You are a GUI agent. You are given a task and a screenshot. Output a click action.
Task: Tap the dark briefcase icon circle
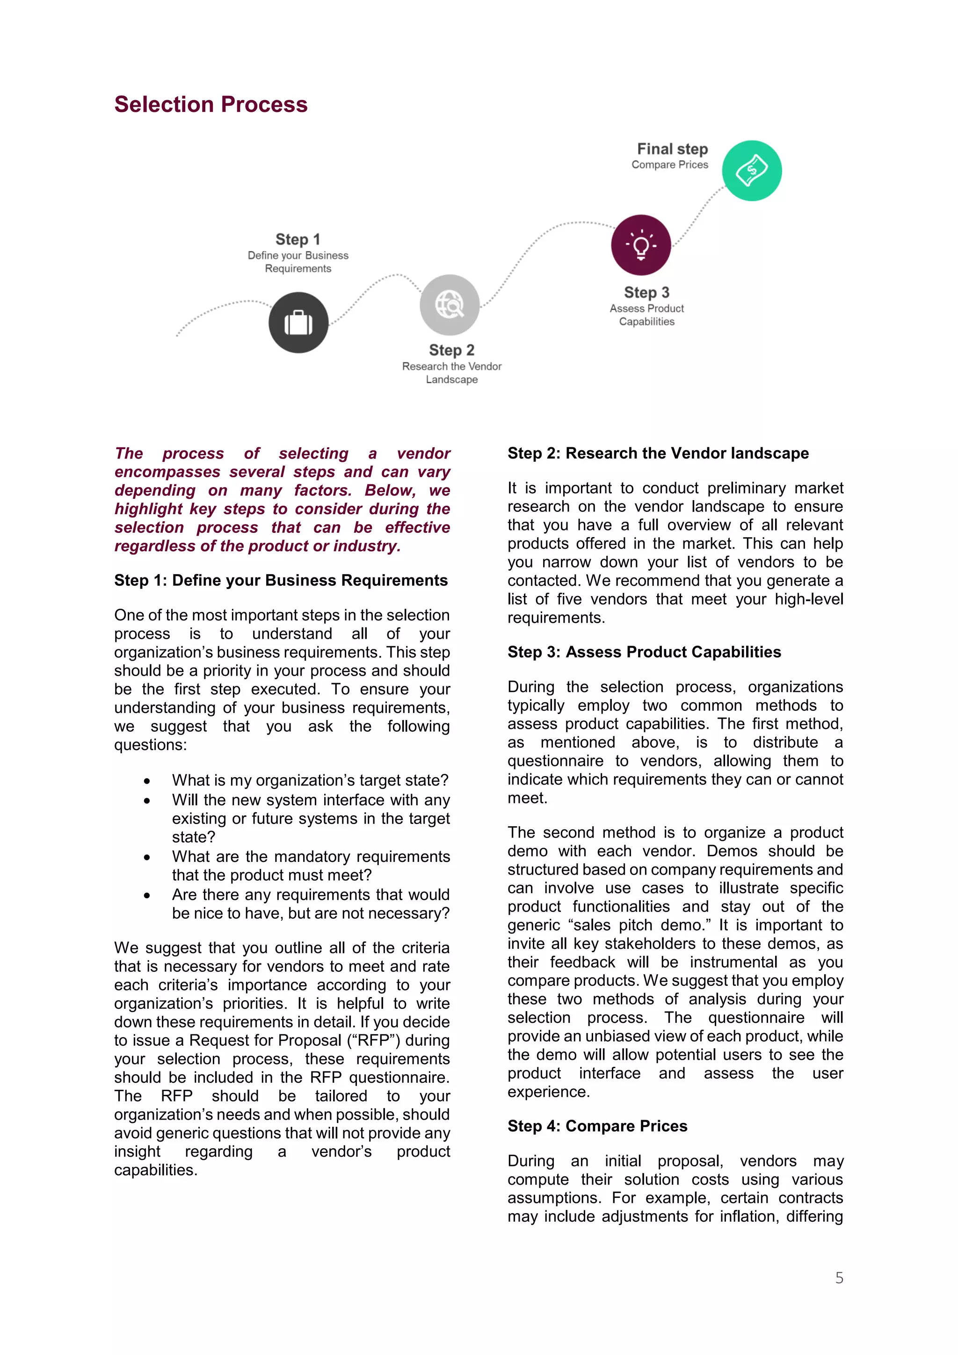(x=298, y=322)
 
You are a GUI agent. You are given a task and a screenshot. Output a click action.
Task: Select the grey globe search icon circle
(x=450, y=305)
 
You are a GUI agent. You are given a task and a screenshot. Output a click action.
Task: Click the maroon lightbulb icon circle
(x=641, y=245)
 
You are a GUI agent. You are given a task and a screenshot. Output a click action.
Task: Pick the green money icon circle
(x=752, y=171)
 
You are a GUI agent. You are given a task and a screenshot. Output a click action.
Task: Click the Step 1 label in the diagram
(x=298, y=239)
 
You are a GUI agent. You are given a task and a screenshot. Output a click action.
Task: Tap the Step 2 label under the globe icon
(x=451, y=350)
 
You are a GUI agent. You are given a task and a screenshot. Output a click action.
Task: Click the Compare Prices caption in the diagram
(x=669, y=165)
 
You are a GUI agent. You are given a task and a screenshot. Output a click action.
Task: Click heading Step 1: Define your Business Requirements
(x=281, y=580)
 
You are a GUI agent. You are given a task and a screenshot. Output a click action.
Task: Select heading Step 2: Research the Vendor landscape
(x=658, y=453)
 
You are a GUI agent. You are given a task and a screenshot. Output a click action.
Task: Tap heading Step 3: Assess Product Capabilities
(x=644, y=652)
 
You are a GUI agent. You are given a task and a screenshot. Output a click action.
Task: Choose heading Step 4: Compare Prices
(x=597, y=1126)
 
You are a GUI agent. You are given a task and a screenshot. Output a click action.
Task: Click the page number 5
(x=839, y=1278)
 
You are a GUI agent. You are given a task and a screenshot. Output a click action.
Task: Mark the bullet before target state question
(x=147, y=781)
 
